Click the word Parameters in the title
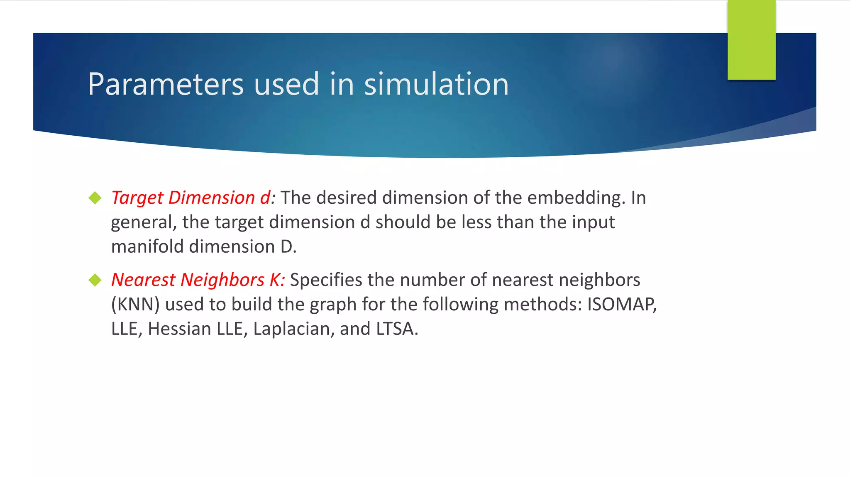tap(166, 84)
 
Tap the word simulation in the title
tap(436, 84)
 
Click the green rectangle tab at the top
tap(751, 40)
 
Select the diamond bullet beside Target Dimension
tap(95, 198)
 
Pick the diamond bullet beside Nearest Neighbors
tap(95, 280)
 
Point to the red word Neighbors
tap(222, 280)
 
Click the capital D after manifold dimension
tap(287, 246)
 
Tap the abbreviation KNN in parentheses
tap(136, 305)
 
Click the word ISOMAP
tap(620, 305)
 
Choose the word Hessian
tap(179, 329)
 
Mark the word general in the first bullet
tap(142, 223)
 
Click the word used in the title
tap(286, 84)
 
